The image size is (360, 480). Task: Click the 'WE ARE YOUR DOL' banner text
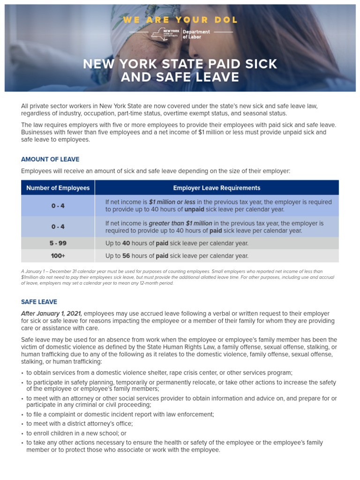pos(180,20)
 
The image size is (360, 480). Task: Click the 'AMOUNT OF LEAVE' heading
pos(50,159)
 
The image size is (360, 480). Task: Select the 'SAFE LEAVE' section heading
pos(39,302)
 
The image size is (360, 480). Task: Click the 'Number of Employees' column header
pos(58,188)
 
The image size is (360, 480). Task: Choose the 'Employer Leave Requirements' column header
pos(217,188)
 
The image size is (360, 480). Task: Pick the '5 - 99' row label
pos(58,243)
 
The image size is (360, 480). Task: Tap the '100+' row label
pos(58,256)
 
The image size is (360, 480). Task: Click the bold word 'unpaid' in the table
pos(194,210)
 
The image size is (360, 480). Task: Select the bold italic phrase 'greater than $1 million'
pos(180,223)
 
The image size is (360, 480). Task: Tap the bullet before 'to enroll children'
pos(22,434)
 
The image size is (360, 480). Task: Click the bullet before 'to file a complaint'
pos(22,415)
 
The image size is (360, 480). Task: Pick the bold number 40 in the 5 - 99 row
pos(126,243)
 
